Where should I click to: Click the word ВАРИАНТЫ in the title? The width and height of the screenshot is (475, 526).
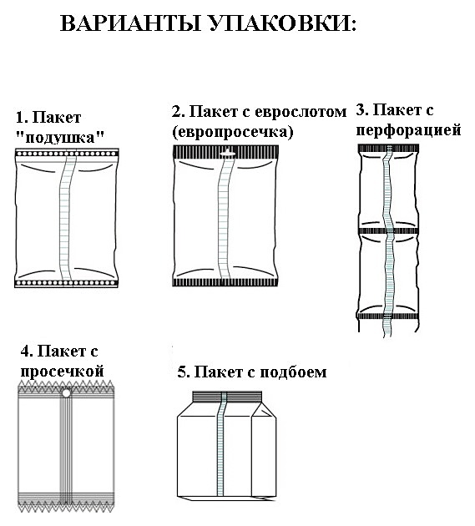[x=130, y=23]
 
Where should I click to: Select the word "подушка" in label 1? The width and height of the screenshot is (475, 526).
[x=60, y=138]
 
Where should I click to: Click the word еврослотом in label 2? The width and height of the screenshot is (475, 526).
[x=301, y=112]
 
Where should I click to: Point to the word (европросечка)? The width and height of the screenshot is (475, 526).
[x=233, y=132]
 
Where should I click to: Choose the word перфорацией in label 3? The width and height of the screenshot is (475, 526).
[x=408, y=130]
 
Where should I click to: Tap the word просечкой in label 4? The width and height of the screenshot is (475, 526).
[x=62, y=372]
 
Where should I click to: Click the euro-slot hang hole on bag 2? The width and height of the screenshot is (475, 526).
[x=227, y=153]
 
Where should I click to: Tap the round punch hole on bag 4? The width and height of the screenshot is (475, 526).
[x=67, y=392]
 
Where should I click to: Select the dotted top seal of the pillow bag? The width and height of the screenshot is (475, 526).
[x=67, y=154]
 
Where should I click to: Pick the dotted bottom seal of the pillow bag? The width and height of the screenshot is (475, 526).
[x=67, y=283]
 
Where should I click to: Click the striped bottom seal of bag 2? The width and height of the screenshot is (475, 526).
[x=225, y=282]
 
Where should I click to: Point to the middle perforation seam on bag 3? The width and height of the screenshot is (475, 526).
[x=389, y=230]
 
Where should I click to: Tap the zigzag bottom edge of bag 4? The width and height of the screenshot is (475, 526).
[x=66, y=507]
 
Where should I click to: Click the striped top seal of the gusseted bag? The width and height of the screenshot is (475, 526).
[x=227, y=397]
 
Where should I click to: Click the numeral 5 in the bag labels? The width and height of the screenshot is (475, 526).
[x=181, y=372]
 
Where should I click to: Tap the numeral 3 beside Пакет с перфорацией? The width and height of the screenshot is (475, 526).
[x=361, y=110]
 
